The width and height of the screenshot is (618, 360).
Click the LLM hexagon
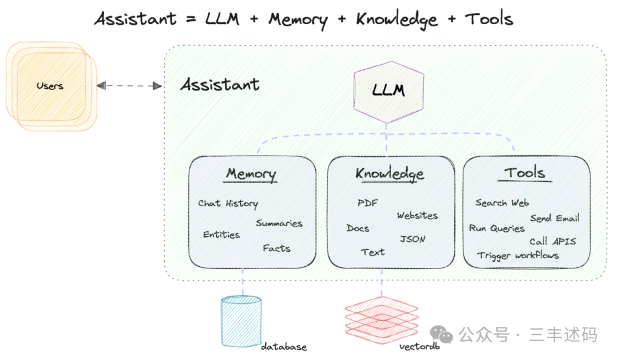tap(389, 92)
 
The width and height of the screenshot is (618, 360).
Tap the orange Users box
tap(50, 86)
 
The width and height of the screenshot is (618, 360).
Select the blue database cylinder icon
tap(241, 321)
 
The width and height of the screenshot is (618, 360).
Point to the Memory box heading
tap(251, 173)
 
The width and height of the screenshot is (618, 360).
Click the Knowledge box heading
tap(390, 173)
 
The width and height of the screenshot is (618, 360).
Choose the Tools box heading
tap(525, 172)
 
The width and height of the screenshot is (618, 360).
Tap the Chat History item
tap(228, 203)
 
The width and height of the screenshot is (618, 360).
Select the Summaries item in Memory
tap(279, 223)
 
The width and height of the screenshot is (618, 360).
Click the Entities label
tap(221, 235)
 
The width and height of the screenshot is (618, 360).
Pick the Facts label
tap(276, 248)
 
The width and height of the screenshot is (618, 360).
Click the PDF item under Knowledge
tap(368, 203)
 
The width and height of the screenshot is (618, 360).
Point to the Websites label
tap(417, 216)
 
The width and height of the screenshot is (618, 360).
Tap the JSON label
tap(413, 239)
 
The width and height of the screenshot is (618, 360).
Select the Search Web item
tap(502, 203)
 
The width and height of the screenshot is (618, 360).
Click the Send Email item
tap(554, 218)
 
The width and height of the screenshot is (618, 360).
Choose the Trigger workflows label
tap(518, 255)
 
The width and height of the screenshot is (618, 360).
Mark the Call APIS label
tap(552, 241)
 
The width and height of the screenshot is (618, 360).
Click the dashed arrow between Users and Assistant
tap(129, 86)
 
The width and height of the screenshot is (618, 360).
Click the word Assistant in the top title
tap(136, 19)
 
